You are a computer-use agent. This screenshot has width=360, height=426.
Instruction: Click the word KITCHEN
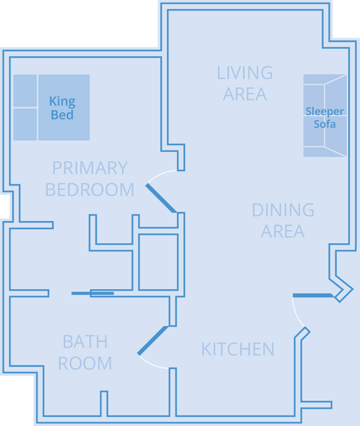[x=238, y=349]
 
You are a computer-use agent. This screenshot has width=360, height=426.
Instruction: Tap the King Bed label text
[x=62, y=108]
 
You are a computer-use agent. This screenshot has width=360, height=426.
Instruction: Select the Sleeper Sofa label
[x=325, y=118]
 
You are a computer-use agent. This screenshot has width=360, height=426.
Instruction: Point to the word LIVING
[x=245, y=73]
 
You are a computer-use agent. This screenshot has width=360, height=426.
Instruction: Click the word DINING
[x=283, y=210]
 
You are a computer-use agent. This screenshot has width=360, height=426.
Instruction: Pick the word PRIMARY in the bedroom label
[x=90, y=168]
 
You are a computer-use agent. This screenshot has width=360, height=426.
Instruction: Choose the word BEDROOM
[x=90, y=189]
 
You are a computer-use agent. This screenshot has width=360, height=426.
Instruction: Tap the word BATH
[x=86, y=341]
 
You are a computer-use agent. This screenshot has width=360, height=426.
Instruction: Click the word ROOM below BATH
[x=86, y=364]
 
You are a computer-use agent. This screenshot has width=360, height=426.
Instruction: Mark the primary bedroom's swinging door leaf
[x=162, y=198]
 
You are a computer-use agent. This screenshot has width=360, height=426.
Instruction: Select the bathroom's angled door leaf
[x=153, y=340]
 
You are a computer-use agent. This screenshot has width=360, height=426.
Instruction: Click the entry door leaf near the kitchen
[x=314, y=295]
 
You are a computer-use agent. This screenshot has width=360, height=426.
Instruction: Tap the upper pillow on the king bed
[x=26, y=90]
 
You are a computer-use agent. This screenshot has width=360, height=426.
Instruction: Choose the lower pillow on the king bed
[x=26, y=124]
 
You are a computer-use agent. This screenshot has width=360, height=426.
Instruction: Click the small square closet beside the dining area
[x=158, y=262]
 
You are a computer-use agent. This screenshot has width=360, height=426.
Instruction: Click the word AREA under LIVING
[x=245, y=94]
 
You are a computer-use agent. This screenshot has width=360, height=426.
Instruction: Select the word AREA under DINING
[x=282, y=231]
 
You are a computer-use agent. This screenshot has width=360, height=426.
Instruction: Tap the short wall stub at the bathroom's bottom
[x=104, y=404]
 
